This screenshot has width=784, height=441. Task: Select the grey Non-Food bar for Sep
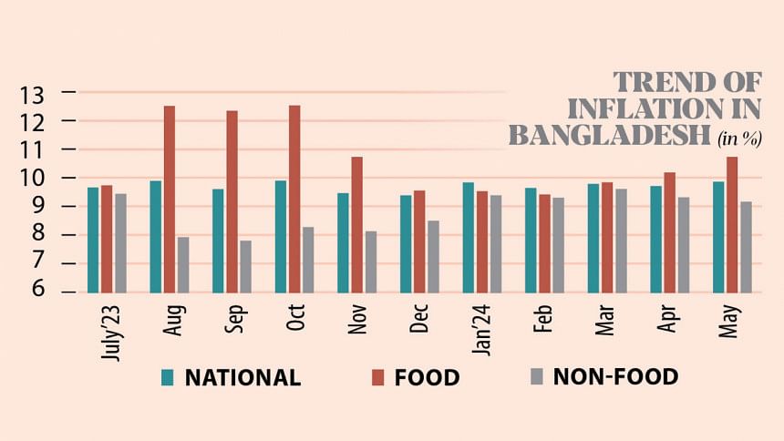point(246,266)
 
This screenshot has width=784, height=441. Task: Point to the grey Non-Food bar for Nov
point(371,262)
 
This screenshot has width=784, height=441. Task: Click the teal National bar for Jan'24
point(469,237)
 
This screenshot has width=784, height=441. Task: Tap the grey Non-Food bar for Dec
point(433,256)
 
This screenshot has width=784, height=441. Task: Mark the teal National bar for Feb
point(531,240)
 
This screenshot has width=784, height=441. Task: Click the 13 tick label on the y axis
point(33,93)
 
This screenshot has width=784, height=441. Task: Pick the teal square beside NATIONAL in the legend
point(168,378)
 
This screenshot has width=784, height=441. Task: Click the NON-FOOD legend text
point(615,377)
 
